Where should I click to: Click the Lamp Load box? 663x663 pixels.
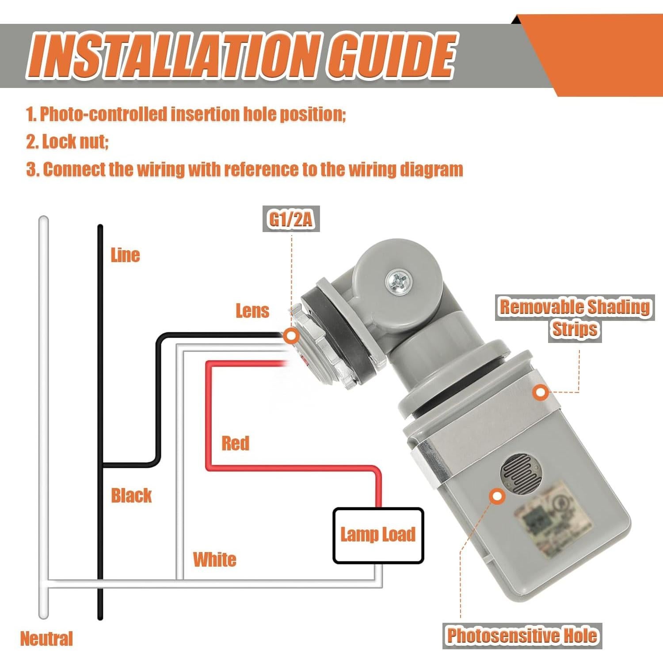pos(378,535)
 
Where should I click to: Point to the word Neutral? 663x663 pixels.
pos(46,639)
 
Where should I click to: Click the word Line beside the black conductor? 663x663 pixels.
pos(125,255)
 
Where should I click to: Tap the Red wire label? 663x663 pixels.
pos(235,443)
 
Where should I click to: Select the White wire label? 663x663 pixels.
pos(214,559)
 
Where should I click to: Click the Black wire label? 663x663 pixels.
pos(131,495)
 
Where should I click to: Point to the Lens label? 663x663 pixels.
pos(252,311)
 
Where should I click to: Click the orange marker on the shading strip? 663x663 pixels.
pos(540,392)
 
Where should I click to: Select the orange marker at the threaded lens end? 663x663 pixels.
pos(290,336)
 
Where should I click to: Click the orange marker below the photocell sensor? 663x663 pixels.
pos(497,496)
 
